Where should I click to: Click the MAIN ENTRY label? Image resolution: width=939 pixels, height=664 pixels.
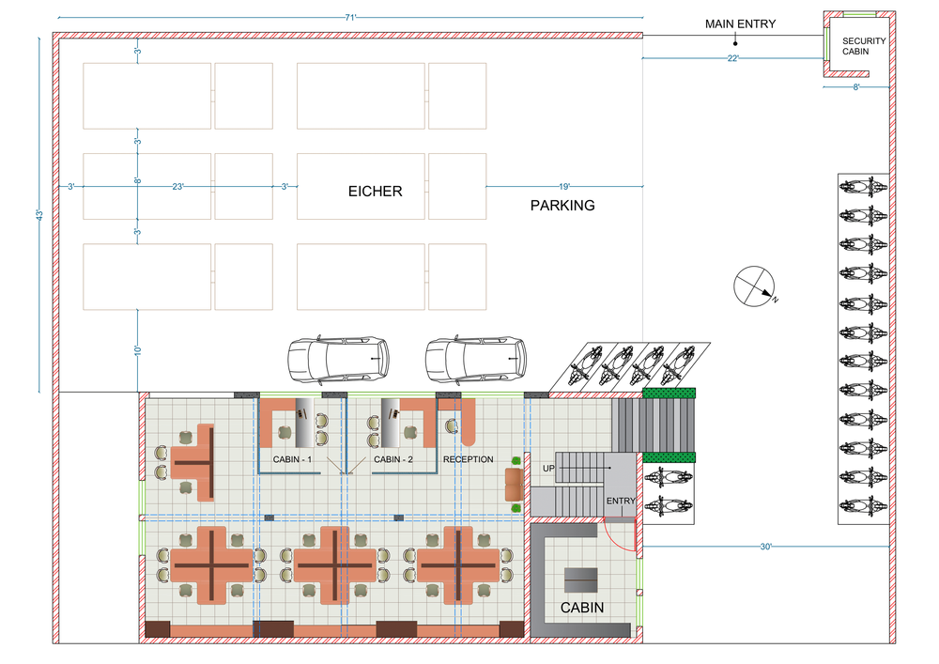[740, 24]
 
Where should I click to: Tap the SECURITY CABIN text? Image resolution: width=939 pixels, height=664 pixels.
[864, 46]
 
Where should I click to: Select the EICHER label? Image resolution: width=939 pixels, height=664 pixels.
[375, 191]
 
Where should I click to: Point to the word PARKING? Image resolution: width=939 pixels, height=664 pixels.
[562, 206]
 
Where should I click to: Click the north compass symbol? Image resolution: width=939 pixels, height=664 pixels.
[755, 286]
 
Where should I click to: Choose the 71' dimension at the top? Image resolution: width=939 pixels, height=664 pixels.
[350, 17]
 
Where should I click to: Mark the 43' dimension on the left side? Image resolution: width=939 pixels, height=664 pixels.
[38, 214]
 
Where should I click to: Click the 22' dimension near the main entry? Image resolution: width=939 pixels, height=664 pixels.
[733, 58]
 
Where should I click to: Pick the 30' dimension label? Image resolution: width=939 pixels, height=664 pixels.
[766, 547]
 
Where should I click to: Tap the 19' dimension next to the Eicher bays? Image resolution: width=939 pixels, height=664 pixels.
[564, 186]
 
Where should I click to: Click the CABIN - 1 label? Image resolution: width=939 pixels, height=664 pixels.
[292, 459]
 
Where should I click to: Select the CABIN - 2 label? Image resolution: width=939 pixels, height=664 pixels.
[393, 459]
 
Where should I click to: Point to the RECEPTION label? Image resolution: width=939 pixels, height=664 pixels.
[469, 459]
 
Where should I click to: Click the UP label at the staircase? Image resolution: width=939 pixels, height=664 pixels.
[548, 469]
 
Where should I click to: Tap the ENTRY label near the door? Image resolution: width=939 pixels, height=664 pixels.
[621, 501]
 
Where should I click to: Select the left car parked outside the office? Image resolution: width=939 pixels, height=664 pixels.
[338, 360]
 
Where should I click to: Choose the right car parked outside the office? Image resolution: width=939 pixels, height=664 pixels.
[476, 360]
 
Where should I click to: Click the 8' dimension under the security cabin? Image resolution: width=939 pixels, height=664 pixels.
[856, 87]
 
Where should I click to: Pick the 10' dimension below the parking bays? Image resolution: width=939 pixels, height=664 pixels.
[137, 350]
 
